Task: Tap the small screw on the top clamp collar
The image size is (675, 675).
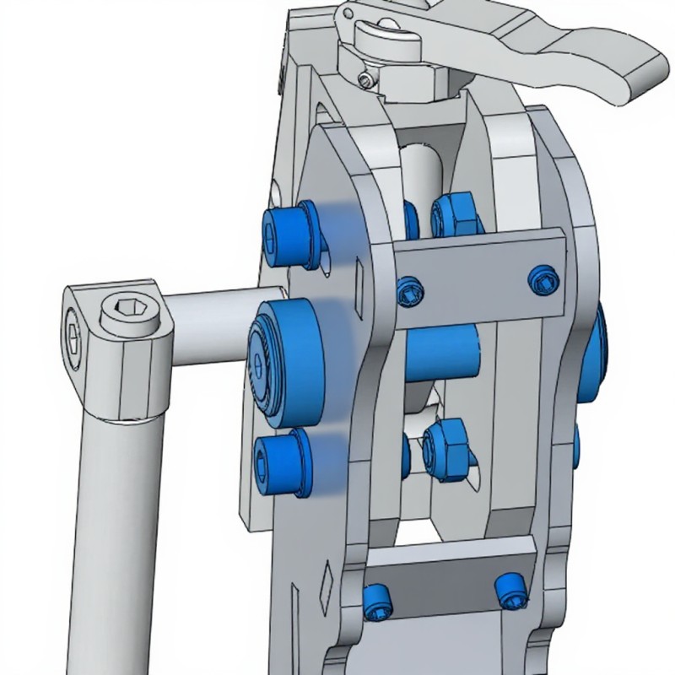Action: coord(364,79)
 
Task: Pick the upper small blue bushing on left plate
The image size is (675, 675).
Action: coord(291,230)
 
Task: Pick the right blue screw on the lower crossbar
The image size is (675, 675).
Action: coord(509,587)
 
